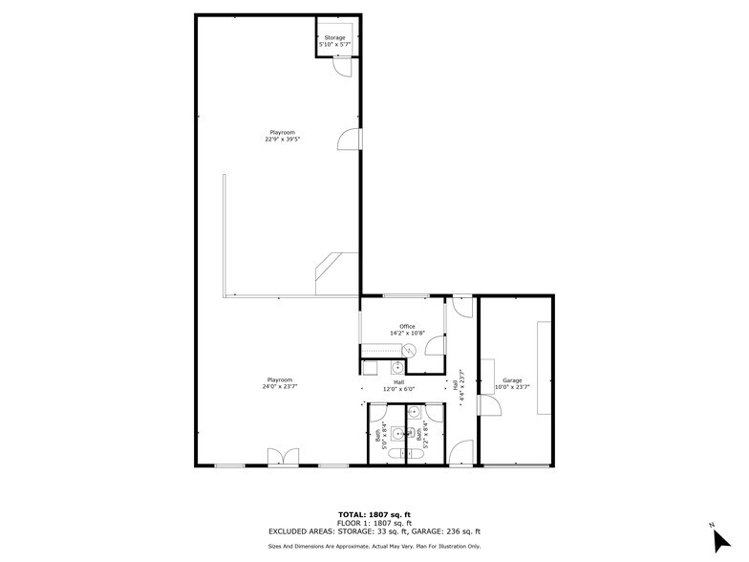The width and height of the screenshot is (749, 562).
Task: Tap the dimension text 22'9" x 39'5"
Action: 283,139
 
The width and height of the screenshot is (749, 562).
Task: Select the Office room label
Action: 407,326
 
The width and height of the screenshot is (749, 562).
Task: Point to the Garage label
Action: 512,380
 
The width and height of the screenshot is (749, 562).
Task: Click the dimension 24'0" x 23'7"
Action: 279,386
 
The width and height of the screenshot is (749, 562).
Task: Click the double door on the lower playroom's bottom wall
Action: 284,457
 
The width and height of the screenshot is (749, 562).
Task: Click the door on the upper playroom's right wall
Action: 351,140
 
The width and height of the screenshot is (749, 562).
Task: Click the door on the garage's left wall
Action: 488,406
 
